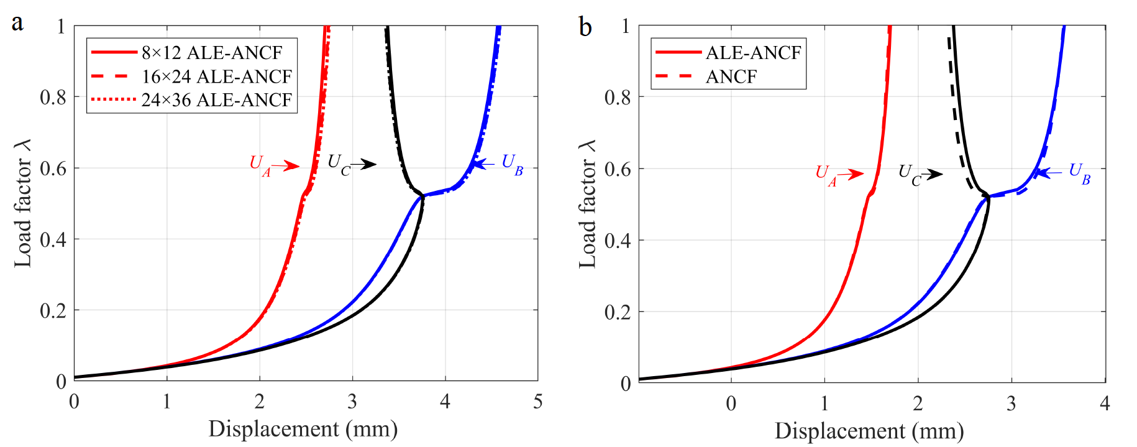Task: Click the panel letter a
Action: (17, 23)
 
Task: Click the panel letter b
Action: (585, 27)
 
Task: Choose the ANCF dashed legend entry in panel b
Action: (731, 76)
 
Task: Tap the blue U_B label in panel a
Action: (512, 165)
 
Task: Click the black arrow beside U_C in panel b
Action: (932, 175)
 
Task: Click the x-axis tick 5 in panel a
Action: (537, 402)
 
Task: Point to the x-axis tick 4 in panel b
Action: (1105, 404)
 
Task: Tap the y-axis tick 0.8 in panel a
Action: (53, 97)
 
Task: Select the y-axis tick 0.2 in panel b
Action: (618, 311)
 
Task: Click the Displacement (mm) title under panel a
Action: (303, 429)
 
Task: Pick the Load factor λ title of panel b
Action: (587, 204)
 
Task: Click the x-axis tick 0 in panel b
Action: (731, 404)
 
